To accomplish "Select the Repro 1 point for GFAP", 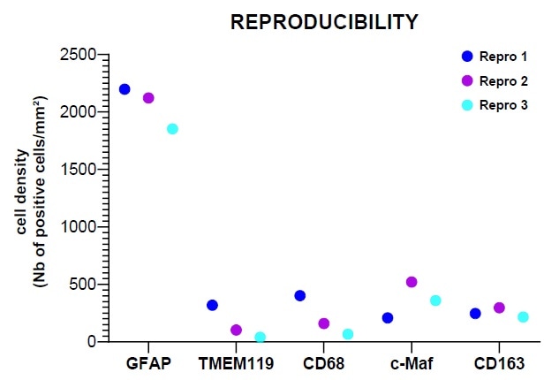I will (x=125, y=89).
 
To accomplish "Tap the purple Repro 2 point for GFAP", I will (x=148, y=98).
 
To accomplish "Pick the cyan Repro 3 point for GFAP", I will (x=172, y=129).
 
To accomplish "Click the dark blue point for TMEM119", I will (x=212, y=305).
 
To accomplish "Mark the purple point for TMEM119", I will (x=236, y=330).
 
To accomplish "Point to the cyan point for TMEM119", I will (x=260, y=337).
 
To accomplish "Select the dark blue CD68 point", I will (x=300, y=295).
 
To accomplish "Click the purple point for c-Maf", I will (x=412, y=282).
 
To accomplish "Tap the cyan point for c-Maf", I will (x=435, y=300).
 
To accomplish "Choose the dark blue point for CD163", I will (x=475, y=314).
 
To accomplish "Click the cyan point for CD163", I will (x=523, y=316).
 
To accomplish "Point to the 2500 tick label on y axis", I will (x=78, y=56).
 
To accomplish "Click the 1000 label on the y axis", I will (x=78, y=227).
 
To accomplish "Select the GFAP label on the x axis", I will (x=148, y=363).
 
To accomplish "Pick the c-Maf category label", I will (x=412, y=363).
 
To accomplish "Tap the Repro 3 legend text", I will (x=503, y=106).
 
